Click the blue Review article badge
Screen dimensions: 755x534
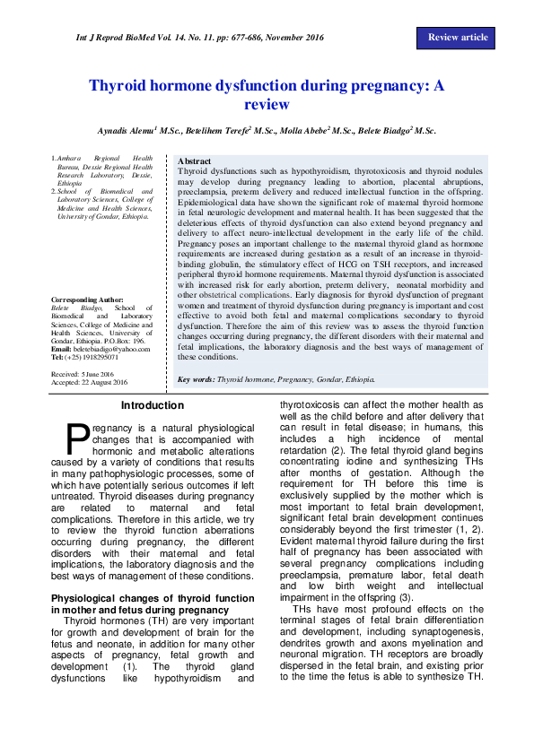click(458, 38)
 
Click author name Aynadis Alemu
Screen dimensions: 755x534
click(128, 131)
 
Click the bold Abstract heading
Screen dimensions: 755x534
click(195, 161)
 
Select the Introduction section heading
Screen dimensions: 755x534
click(152, 406)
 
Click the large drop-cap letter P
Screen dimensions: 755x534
click(79, 437)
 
